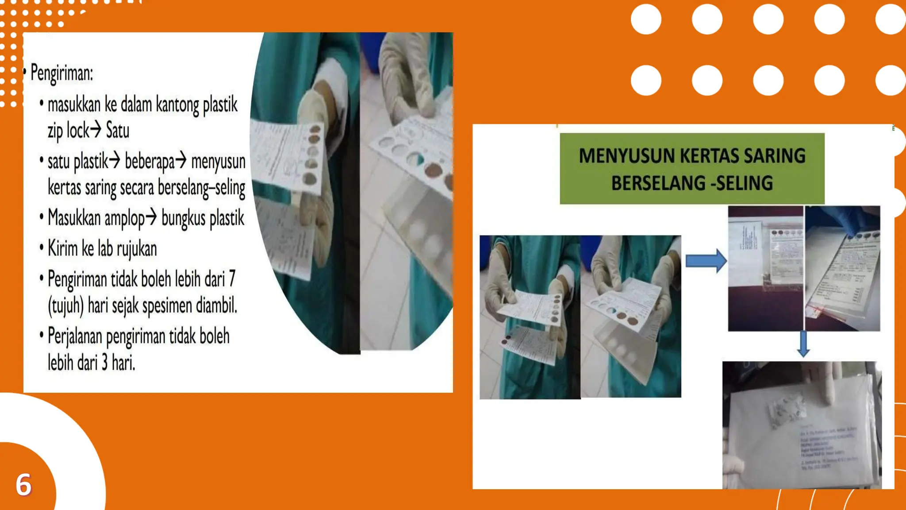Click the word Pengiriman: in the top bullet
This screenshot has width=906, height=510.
pyautogui.click(x=61, y=73)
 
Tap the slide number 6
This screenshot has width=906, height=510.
pyautogui.click(x=23, y=484)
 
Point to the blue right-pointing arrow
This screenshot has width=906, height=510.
pyautogui.click(x=705, y=261)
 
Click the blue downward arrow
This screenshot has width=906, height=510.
pyautogui.click(x=803, y=344)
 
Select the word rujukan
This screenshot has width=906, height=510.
pyautogui.click(x=137, y=249)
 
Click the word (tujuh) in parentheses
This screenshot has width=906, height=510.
pyautogui.click(x=66, y=305)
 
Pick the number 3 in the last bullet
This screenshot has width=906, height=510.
pyautogui.click(x=105, y=363)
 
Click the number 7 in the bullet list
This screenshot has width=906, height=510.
pyautogui.click(x=232, y=279)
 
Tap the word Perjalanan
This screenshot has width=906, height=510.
pyautogui.click(x=74, y=336)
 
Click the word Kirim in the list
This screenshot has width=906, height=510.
pyautogui.click(x=62, y=249)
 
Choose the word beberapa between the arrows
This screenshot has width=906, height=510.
pyautogui.click(x=150, y=162)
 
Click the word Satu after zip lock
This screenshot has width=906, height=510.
pyautogui.click(x=118, y=131)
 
